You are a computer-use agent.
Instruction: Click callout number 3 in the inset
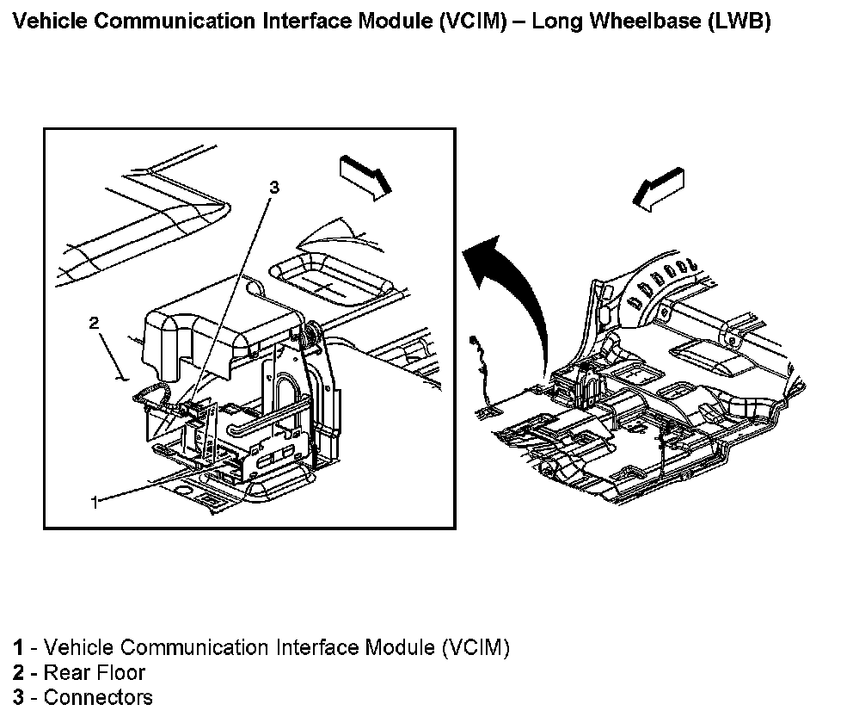tap(274, 186)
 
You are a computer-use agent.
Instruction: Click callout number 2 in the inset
tap(95, 324)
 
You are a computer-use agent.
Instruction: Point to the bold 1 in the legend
tap(18, 647)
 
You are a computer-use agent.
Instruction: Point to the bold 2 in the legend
tap(18, 672)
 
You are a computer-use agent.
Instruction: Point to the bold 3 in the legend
tap(18, 697)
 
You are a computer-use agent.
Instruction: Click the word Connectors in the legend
tap(98, 697)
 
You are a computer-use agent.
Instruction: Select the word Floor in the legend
tap(118, 672)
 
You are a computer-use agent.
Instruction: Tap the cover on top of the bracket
tap(215, 327)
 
